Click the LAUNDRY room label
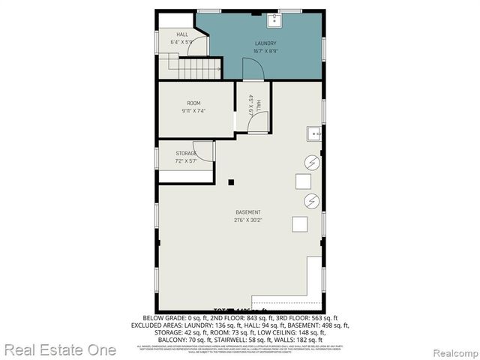(265, 43)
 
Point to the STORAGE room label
(187, 154)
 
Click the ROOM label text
(193, 103)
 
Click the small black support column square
(232, 181)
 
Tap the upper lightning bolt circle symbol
(311, 162)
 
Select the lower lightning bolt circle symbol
(311, 200)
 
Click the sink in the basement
(314, 135)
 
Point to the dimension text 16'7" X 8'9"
(265, 52)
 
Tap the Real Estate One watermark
(60, 349)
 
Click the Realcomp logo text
(451, 350)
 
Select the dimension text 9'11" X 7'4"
(193, 111)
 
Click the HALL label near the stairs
(182, 34)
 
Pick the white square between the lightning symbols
(303, 181)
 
